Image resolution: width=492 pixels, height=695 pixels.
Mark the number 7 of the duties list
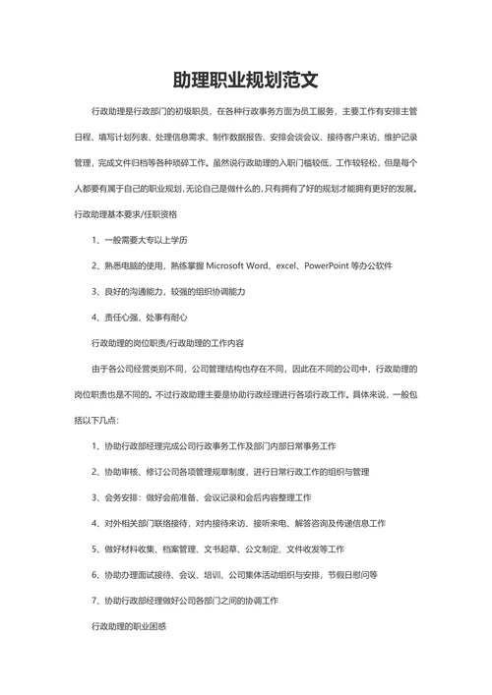tap(92, 600)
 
